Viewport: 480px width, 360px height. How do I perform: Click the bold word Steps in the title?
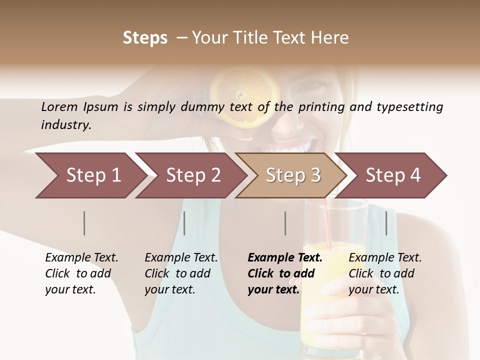click(145, 38)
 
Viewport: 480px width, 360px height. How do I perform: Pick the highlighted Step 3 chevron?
click(293, 175)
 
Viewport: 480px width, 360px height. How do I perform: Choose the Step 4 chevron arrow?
click(393, 175)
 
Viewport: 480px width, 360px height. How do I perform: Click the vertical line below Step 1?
click(84, 223)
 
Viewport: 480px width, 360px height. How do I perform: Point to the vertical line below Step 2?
click(184, 223)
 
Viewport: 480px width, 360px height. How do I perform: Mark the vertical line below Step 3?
click(285, 223)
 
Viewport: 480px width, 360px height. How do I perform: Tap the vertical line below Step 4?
click(386, 223)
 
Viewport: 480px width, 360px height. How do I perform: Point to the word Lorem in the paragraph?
click(59, 106)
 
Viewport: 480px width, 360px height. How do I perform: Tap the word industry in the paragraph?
click(65, 125)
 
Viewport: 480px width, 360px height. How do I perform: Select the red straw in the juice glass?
click(327, 222)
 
